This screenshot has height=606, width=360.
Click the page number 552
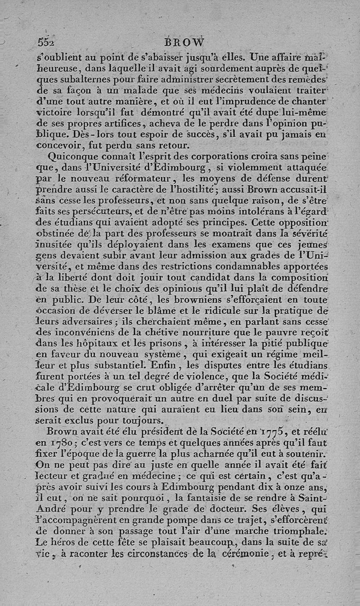pos(46,42)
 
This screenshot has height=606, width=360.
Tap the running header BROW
pos(184,43)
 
